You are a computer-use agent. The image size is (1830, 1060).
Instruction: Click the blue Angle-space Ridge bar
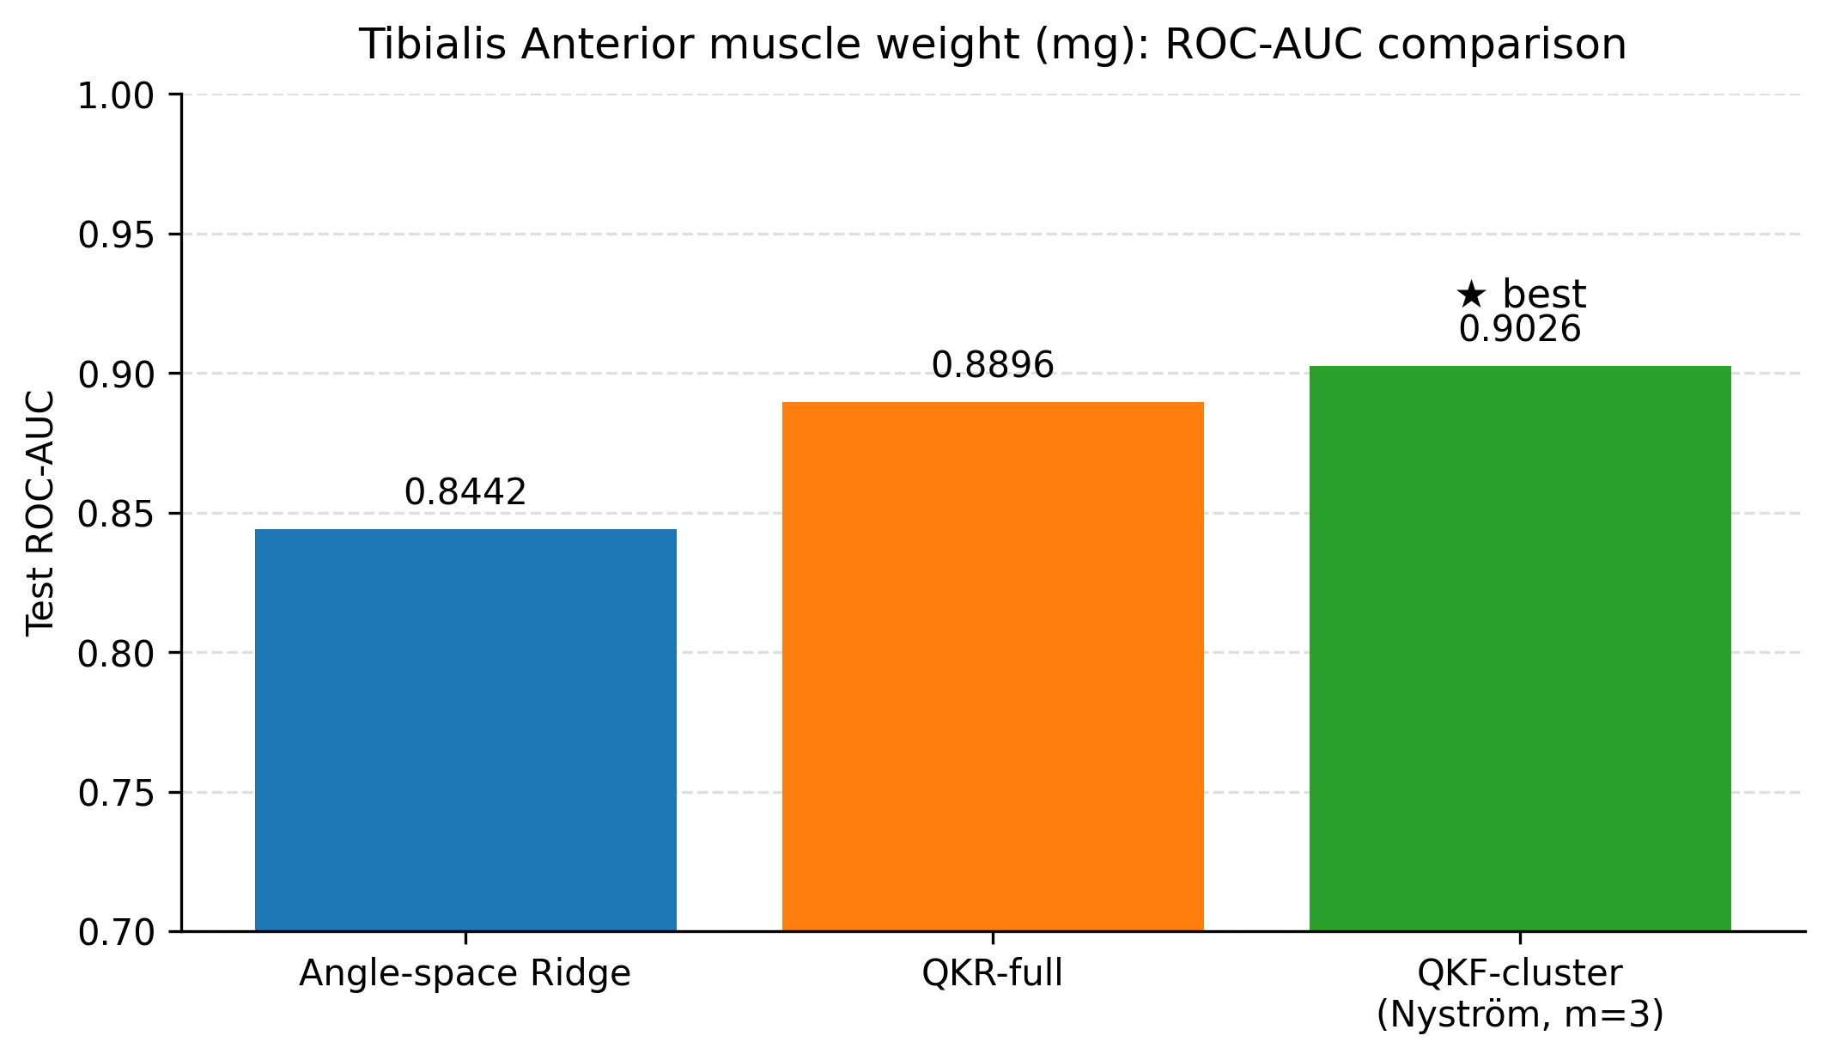465,729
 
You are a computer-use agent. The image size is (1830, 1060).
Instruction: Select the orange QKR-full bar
993,666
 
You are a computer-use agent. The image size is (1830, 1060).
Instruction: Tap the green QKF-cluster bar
1519,648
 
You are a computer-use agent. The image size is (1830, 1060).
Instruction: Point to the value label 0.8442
465,492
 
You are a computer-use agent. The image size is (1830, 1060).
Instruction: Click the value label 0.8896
993,366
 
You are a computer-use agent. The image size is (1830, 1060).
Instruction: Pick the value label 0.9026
1519,330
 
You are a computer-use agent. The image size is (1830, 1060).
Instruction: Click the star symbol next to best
1471,295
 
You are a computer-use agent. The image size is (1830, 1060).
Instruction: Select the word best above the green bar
1544,295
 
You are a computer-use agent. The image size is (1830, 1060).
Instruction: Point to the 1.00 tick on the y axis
116,95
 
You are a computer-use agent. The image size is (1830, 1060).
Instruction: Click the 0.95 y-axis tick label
116,235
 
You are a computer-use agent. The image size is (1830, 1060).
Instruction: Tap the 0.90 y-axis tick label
116,375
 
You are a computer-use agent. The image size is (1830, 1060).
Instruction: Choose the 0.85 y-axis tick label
116,514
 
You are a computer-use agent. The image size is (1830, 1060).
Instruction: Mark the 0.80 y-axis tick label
116,654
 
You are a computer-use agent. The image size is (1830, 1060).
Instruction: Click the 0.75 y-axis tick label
116,793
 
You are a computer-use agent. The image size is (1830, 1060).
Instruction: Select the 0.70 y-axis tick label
116,932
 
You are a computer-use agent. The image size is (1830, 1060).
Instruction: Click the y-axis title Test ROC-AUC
40,514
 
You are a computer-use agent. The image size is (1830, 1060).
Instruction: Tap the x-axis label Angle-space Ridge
465,974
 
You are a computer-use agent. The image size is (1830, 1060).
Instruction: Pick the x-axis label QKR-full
993,974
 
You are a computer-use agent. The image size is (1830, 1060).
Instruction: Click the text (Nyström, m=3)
1519,1014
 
